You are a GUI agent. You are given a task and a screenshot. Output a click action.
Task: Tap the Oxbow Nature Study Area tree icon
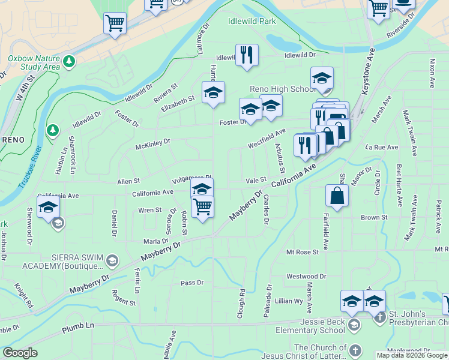tap(70, 61)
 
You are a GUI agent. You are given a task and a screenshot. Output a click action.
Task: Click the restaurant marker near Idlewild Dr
tap(247, 56)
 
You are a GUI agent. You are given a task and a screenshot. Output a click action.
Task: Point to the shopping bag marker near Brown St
tap(337, 196)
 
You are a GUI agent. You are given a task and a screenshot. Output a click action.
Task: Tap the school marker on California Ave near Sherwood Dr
tap(48, 208)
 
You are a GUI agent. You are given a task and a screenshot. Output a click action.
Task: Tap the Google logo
tap(20, 352)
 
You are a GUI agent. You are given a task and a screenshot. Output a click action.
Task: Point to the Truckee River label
tap(30, 167)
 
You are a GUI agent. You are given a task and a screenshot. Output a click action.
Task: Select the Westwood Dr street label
tap(306, 277)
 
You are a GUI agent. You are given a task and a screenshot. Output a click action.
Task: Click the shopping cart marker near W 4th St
tap(115, 24)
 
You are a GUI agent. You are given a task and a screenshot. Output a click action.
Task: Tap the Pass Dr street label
tap(192, 283)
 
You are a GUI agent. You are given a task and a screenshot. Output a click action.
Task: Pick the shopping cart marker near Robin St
tap(203, 207)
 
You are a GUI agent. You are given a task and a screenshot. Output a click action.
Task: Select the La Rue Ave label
tap(382, 147)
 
